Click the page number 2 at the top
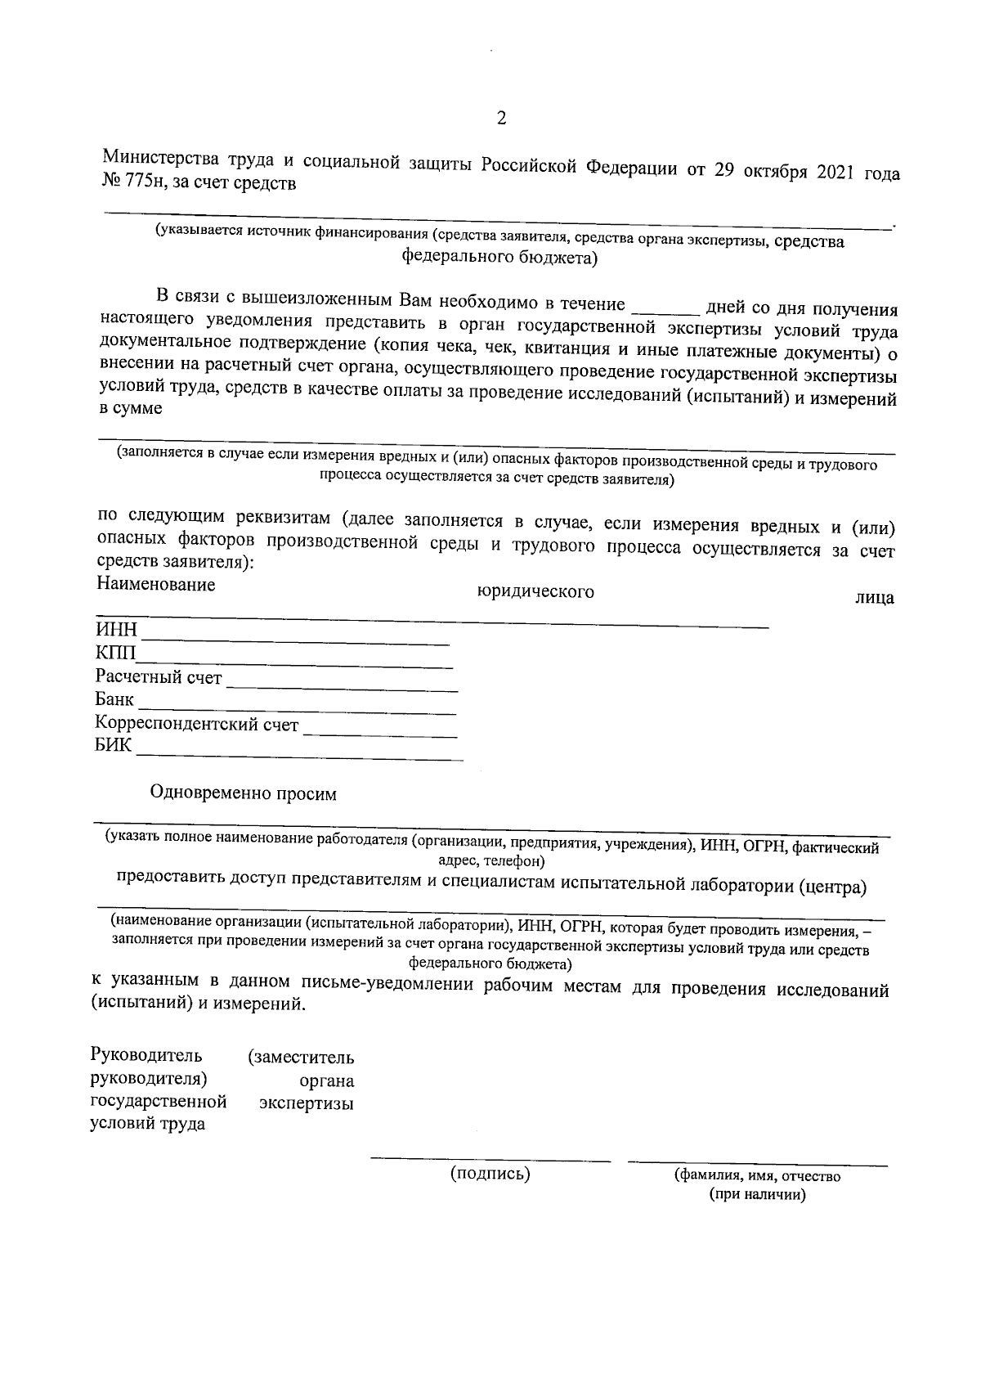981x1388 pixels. pyautogui.click(x=501, y=119)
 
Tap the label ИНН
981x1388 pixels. pyautogui.click(x=116, y=631)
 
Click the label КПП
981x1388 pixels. pyautogui.click(x=116, y=654)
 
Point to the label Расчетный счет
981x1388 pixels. pyautogui.click(x=159, y=677)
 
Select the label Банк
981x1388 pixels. pyautogui.click(x=114, y=700)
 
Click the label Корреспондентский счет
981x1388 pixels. pyautogui.click(x=197, y=724)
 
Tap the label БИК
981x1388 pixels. pyautogui.click(x=113, y=747)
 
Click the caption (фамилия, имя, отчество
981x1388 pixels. pyautogui.click(x=757, y=1176)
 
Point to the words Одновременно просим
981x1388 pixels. pyautogui.click(x=244, y=793)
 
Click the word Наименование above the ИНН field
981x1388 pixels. pyautogui.click(x=155, y=584)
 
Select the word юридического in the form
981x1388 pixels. pyautogui.click(x=535, y=591)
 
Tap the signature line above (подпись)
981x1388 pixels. pyautogui.click(x=490, y=1159)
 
